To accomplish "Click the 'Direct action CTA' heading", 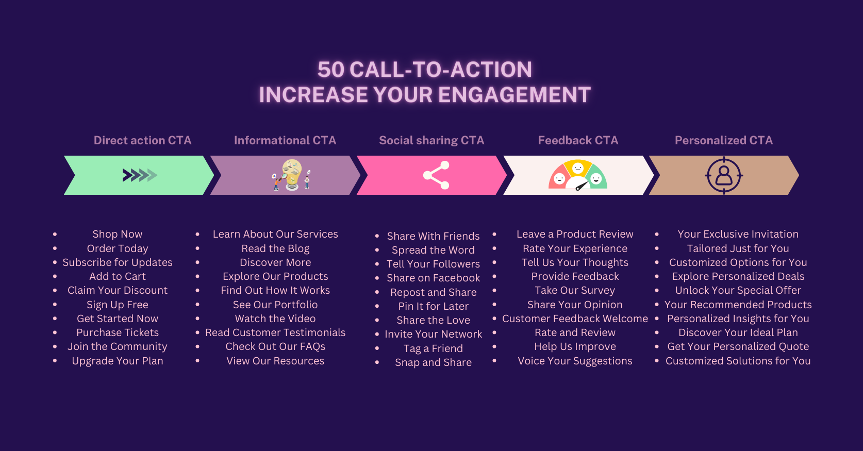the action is pos(143,140).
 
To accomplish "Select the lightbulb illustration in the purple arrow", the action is pos(292,175).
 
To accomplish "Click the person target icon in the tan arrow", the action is pos(724,176).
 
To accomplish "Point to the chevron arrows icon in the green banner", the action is pos(140,175).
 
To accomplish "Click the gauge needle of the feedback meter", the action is pos(582,186).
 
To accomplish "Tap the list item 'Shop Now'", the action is pos(118,234).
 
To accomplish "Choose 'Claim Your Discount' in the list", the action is pos(118,290).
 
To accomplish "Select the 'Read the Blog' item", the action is pos(275,248).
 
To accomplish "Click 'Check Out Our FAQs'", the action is pos(275,347).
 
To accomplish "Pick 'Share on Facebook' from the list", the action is pos(434,278).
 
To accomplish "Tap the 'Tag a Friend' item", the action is pos(434,348).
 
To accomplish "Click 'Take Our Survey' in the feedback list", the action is pos(575,290).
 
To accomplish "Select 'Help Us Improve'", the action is pos(575,347).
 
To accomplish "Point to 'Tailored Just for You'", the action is pos(738,248).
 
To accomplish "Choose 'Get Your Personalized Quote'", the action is pos(738,347).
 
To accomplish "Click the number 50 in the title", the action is pos(331,70).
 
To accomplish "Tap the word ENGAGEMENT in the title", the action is pos(515,95).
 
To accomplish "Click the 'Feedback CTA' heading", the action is pos(578,140).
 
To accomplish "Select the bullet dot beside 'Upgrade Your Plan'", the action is pos(55,361).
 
